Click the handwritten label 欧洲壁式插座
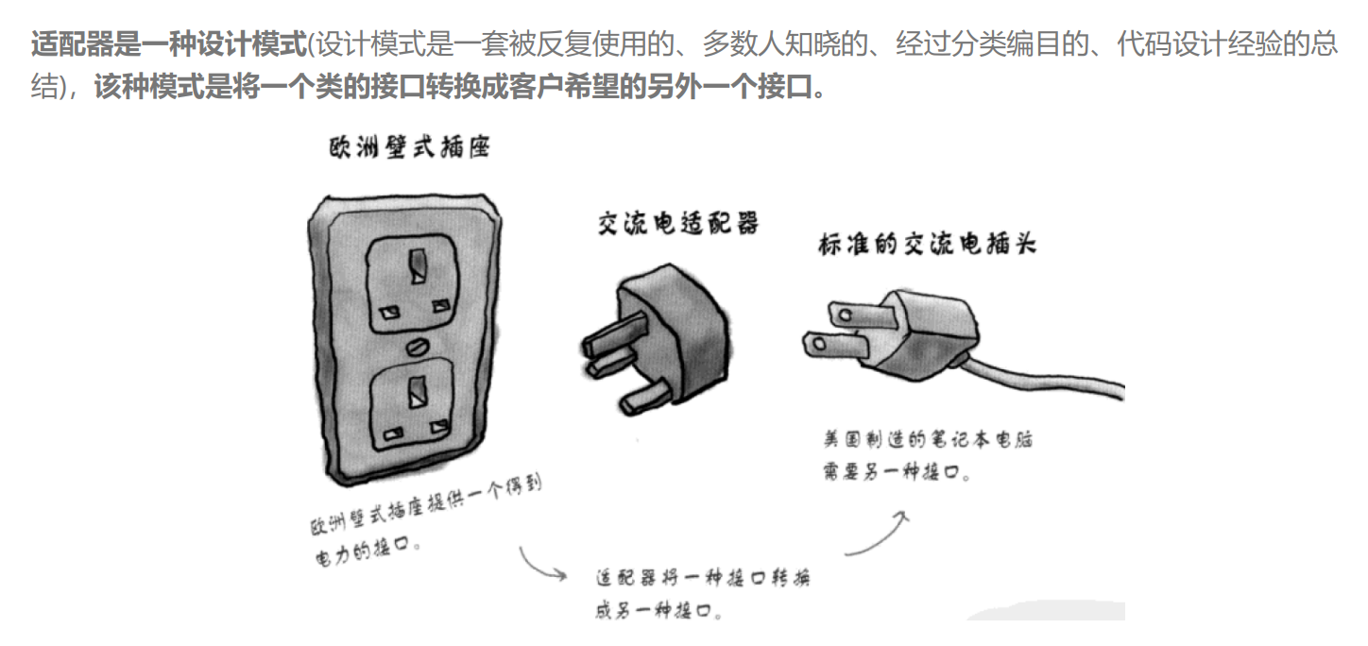point(408,147)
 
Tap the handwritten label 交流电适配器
point(678,224)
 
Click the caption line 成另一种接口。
point(659,610)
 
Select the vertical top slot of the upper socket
point(415,263)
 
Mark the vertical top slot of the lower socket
point(415,386)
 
